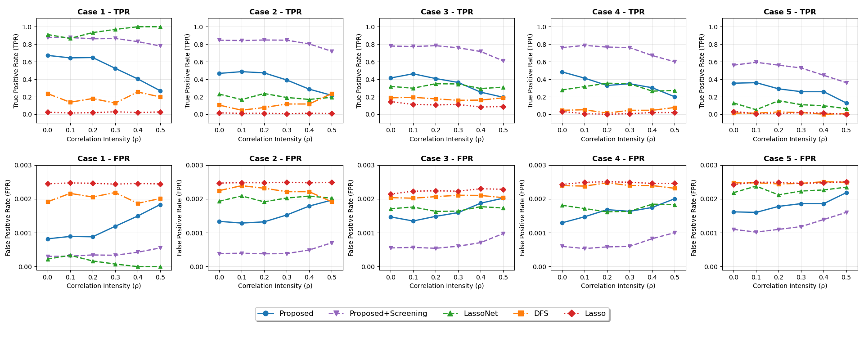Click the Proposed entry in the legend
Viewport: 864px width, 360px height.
click(x=296, y=314)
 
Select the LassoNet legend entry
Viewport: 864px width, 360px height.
click(x=481, y=314)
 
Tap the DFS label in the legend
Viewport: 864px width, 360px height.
click(x=541, y=314)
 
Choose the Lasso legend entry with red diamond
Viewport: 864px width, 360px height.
click(x=595, y=314)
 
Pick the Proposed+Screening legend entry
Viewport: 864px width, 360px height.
click(x=388, y=314)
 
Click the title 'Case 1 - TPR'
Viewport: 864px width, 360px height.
click(x=103, y=12)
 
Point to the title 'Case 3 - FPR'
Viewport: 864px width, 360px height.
click(x=447, y=159)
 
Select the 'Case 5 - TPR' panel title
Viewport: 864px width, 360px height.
click(x=790, y=12)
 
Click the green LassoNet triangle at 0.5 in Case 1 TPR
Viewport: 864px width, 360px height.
click(x=160, y=27)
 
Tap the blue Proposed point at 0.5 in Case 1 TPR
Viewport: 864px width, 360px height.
click(x=160, y=91)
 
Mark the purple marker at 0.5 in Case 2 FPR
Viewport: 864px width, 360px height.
click(x=332, y=243)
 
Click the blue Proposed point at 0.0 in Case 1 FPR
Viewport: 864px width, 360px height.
click(x=48, y=239)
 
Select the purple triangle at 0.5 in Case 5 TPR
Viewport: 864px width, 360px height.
click(x=846, y=83)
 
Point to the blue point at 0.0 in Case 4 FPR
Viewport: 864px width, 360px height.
click(x=562, y=223)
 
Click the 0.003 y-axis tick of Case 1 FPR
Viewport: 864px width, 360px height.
click(x=23, y=165)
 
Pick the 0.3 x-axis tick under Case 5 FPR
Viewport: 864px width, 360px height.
click(x=801, y=277)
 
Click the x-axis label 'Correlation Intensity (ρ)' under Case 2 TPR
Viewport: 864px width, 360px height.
click(x=275, y=139)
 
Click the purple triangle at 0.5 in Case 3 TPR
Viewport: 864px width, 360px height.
click(x=503, y=61)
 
